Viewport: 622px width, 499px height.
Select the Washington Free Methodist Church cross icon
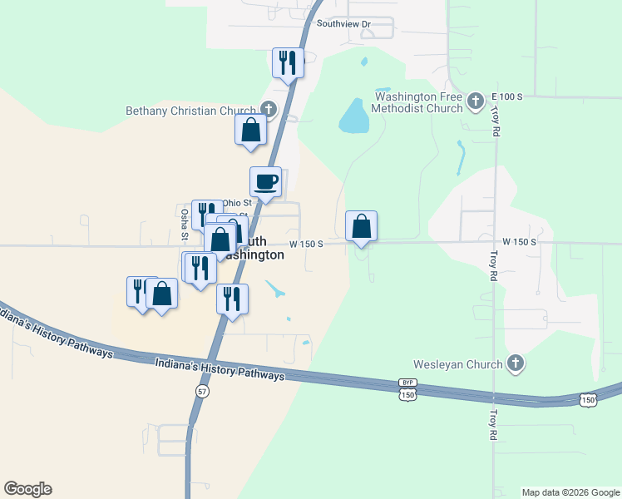475,101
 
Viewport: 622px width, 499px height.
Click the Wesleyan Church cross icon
516,363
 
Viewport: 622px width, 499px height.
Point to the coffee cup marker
266,181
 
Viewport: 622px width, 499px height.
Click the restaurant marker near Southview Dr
287,62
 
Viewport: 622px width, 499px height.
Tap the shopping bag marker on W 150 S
361,225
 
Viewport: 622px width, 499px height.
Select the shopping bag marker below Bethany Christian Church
250,131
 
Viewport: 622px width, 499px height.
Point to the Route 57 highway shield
201,390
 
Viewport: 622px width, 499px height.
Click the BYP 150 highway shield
407,392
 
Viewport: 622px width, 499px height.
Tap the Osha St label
185,224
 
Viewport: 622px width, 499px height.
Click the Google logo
27,489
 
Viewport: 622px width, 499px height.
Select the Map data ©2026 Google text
570,492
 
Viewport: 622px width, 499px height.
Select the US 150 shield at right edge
588,401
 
